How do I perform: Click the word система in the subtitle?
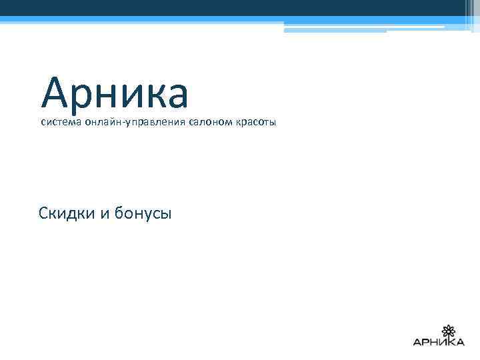pos(60,123)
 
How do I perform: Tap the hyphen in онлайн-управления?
pos(122,123)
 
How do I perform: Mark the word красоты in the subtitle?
pos(255,123)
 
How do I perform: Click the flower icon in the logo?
pos(448,330)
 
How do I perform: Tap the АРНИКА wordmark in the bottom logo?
pos(439,343)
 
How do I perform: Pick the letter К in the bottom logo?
pos(450,343)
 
